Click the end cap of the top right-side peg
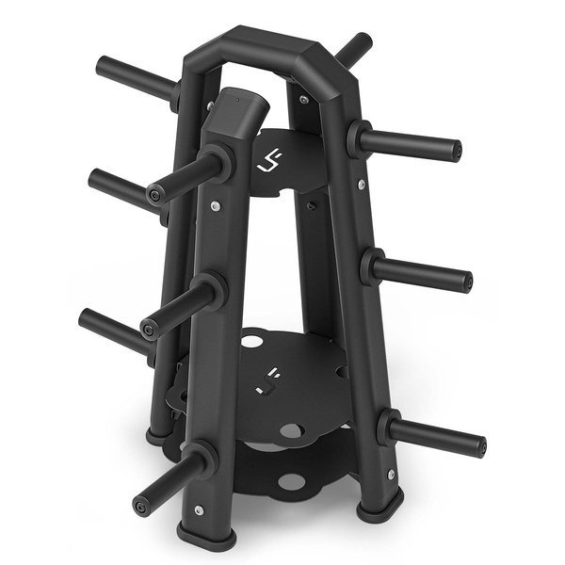point(456,151)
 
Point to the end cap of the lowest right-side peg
point(479,446)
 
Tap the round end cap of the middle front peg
point(148,328)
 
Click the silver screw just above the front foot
point(198,509)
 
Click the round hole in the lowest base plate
point(292,482)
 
